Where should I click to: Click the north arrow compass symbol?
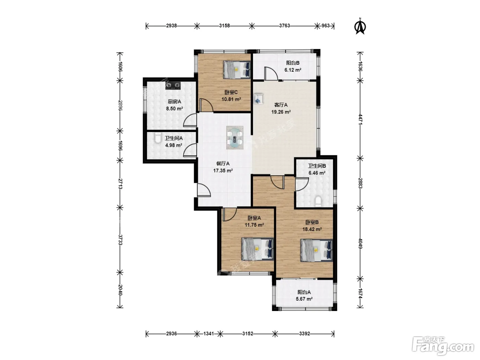click(x=360, y=26)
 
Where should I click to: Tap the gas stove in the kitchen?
click(x=173, y=85)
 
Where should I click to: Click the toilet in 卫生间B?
click(x=318, y=201)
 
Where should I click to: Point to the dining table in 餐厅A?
click(x=235, y=138)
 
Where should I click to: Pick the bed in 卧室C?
click(x=237, y=70)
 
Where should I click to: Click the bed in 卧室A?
click(x=257, y=249)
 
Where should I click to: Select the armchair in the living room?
click(x=258, y=99)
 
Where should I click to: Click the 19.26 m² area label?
click(x=281, y=112)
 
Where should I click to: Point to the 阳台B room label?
click(x=293, y=63)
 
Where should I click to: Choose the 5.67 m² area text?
click(x=304, y=299)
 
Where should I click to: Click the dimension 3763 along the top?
click(x=285, y=26)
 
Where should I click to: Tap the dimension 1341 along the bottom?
click(x=208, y=334)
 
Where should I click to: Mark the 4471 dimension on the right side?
click(x=360, y=119)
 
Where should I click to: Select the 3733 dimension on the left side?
click(x=120, y=240)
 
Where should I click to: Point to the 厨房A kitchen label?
click(x=174, y=101)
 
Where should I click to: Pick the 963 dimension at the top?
click(x=325, y=26)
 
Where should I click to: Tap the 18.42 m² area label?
click(x=312, y=229)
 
